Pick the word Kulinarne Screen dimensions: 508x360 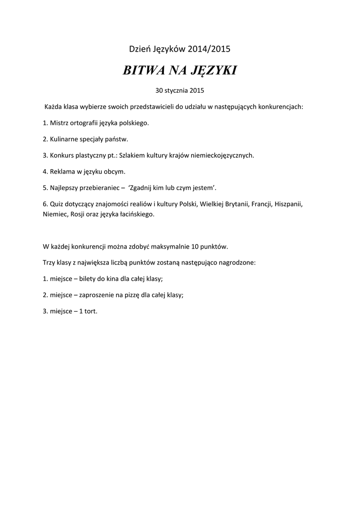(x=65, y=139)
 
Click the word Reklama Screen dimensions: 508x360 (x=63, y=171)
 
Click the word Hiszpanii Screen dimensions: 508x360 (x=285, y=203)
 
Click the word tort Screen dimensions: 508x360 (x=90, y=311)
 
